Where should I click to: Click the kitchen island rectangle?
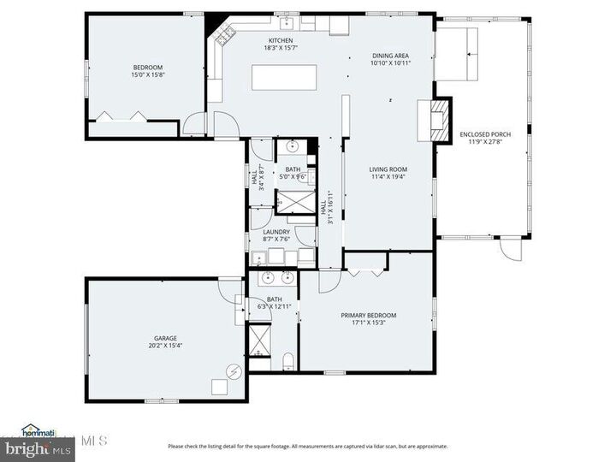(279, 77)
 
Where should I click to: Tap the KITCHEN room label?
(281, 41)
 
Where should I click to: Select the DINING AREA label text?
(391, 55)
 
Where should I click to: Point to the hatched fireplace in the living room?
(437, 121)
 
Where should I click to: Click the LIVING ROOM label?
(388, 169)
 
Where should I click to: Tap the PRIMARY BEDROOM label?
(369, 315)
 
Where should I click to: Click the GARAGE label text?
(166, 337)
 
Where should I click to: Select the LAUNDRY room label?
(276, 232)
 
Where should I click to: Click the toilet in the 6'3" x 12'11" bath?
(288, 359)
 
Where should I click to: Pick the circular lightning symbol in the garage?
(232, 370)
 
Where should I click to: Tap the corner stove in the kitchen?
(226, 36)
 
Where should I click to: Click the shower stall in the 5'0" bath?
(293, 202)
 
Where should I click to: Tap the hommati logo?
(38, 430)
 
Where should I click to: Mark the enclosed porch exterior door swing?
(511, 251)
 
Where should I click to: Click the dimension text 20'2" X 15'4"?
(166, 346)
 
